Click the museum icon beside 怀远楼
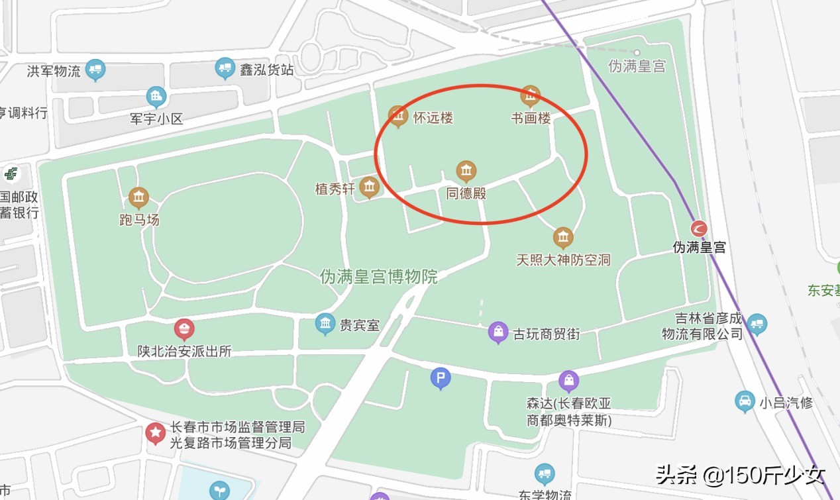(x=397, y=117)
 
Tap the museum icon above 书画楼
(x=530, y=97)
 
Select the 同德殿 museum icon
(x=466, y=172)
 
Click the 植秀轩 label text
(x=335, y=189)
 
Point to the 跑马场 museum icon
(x=138, y=197)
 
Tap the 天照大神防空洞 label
(x=563, y=260)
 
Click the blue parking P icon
(x=441, y=379)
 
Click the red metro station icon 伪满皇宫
(x=699, y=229)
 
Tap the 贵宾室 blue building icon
(x=325, y=324)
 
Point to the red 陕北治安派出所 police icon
(x=184, y=328)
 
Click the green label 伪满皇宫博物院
(x=379, y=276)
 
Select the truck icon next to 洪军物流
(x=95, y=70)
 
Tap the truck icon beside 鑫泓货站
(x=226, y=68)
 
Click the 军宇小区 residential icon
(x=156, y=97)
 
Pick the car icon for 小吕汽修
(x=745, y=401)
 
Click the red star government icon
(x=156, y=434)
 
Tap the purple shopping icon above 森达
(x=568, y=381)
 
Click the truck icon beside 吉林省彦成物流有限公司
(x=757, y=325)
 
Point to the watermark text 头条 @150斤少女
(x=740, y=475)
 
